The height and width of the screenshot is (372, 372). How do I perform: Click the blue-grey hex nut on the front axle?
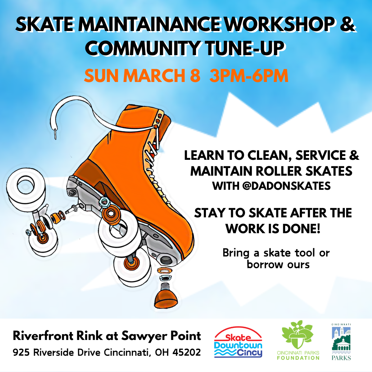pos(104,201)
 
